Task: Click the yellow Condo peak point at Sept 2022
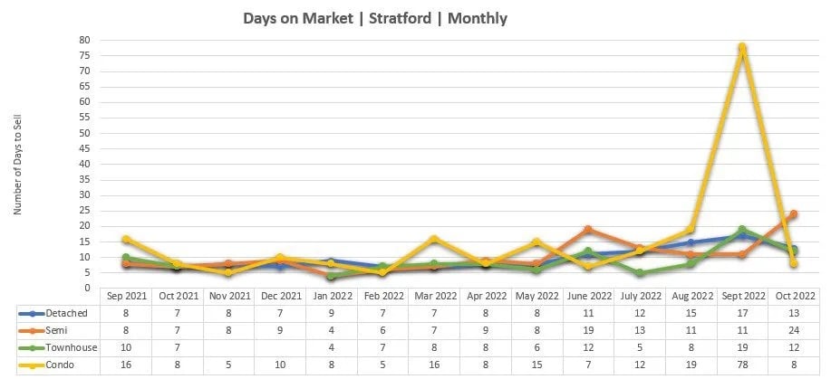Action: (x=742, y=47)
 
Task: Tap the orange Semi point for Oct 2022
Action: (x=793, y=214)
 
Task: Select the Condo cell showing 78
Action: (x=742, y=365)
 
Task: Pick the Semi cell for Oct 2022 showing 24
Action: (x=793, y=330)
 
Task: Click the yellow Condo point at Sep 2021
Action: (x=128, y=239)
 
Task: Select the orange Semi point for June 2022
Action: (x=588, y=230)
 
